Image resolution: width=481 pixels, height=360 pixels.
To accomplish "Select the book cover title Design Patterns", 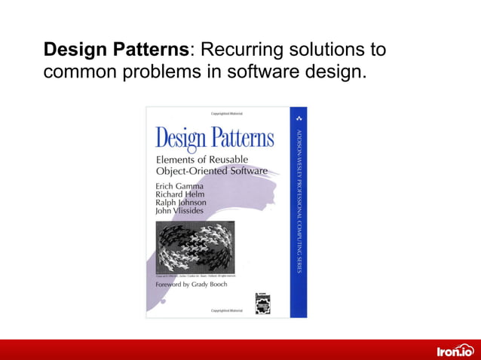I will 215,139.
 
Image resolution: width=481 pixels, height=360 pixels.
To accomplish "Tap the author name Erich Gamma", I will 180,185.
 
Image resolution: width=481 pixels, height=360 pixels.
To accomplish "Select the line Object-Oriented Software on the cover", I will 211,171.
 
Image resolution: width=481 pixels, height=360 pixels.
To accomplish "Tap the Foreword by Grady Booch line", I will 191,285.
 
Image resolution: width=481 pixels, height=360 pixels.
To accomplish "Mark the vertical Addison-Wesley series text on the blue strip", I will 299,200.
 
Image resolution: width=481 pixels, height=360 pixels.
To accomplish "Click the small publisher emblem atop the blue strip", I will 299,119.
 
